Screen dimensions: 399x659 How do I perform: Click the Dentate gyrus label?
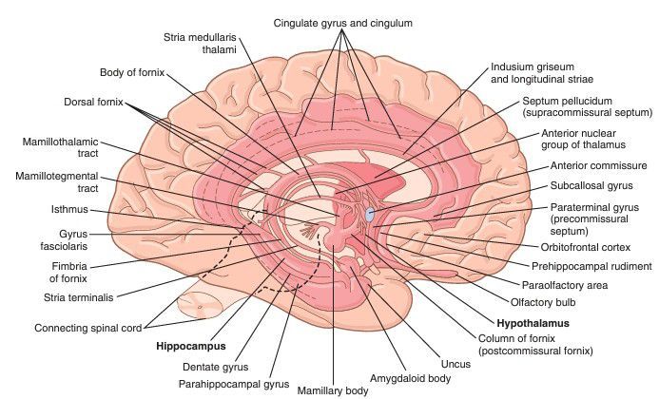[x=217, y=366]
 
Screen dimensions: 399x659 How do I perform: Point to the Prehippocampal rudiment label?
[x=592, y=266]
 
